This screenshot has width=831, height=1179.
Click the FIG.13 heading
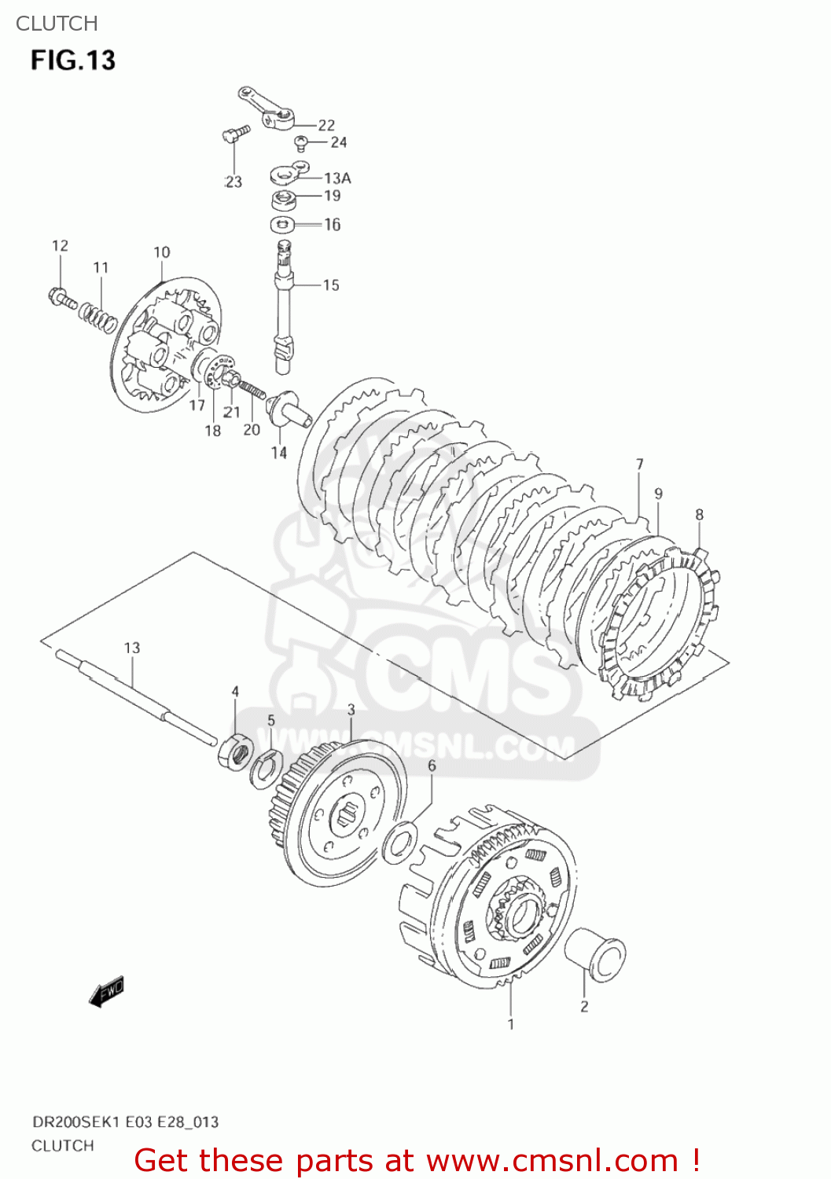click(73, 61)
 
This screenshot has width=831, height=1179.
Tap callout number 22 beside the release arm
click(326, 125)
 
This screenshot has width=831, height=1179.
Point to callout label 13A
click(337, 178)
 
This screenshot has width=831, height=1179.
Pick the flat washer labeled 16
click(282, 225)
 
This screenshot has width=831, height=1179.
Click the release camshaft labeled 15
click(283, 307)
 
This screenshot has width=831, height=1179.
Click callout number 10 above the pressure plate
click(161, 252)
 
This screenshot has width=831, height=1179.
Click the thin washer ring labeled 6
click(399, 842)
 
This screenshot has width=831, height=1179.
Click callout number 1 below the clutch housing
click(511, 1024)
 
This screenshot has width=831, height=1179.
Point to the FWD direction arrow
click(107, 992)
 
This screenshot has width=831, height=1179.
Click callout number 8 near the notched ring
click(699, 515)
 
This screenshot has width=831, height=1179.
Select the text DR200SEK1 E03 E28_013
click(125, 1122)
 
